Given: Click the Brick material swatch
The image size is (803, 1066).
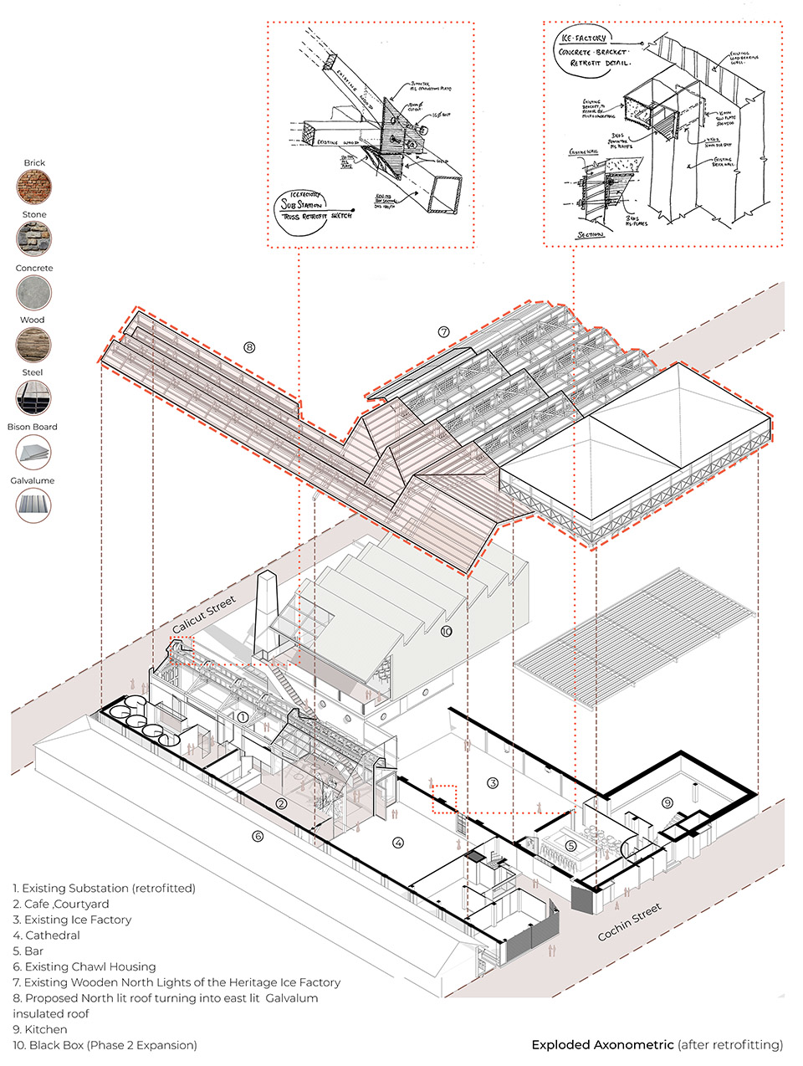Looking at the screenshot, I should (34, 187).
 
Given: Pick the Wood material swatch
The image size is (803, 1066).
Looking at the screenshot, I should (34, 345).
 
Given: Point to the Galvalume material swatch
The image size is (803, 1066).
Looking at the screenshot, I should (34, 505).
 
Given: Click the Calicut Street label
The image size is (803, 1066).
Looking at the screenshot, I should (204, 615).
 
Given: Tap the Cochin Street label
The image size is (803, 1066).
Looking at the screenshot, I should (629, 921).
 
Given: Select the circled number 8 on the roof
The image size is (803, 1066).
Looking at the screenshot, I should (248, 347).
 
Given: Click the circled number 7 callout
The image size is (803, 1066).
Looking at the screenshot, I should (443, 332).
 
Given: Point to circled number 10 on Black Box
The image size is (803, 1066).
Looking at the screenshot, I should (446, 631).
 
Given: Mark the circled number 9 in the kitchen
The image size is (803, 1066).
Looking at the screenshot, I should (667, 803).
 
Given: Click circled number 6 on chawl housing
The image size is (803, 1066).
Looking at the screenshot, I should (258, 836).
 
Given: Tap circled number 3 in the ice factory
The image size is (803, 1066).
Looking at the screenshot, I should (494, 783).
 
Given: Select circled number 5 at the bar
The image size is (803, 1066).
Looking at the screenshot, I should (571, 845).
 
